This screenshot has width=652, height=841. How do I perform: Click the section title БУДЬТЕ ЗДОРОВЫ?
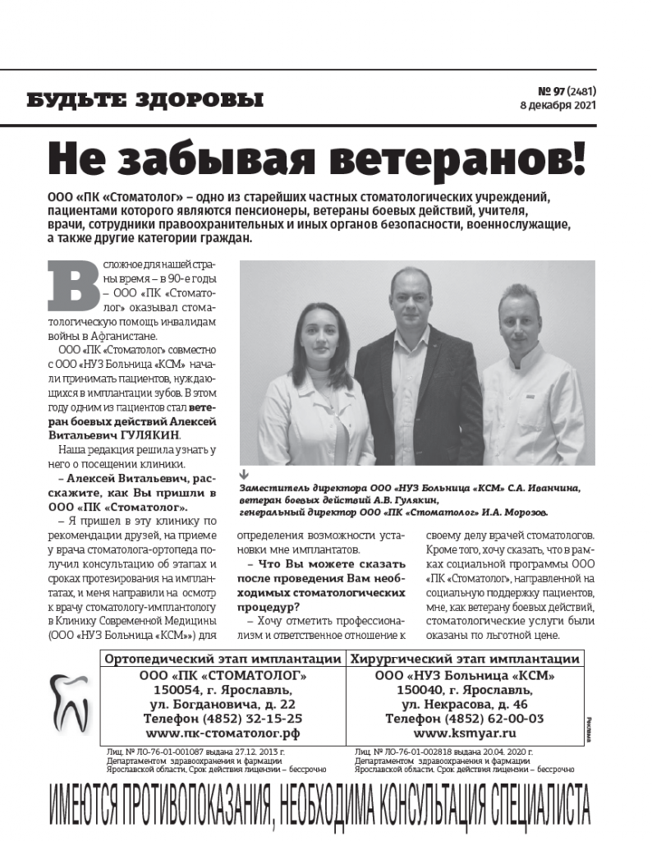point(145,101)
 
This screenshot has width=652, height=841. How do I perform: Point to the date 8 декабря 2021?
point(555,106)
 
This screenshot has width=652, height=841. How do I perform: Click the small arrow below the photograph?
point(243,476)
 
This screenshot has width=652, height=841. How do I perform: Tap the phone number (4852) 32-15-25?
point(223,719)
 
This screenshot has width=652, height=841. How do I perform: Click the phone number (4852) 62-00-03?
point(464,719)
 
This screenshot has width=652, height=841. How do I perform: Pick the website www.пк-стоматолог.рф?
point(223,733)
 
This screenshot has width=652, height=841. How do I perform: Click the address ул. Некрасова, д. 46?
point(464,705)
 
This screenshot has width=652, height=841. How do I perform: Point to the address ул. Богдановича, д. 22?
point(223,705)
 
